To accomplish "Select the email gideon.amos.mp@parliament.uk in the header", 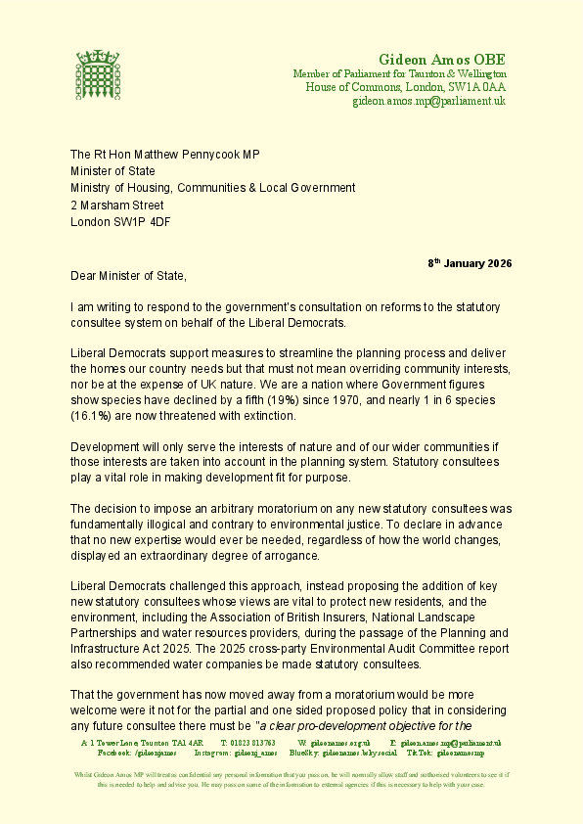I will tap(428, 101).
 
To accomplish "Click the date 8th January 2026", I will tap(470, 264).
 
